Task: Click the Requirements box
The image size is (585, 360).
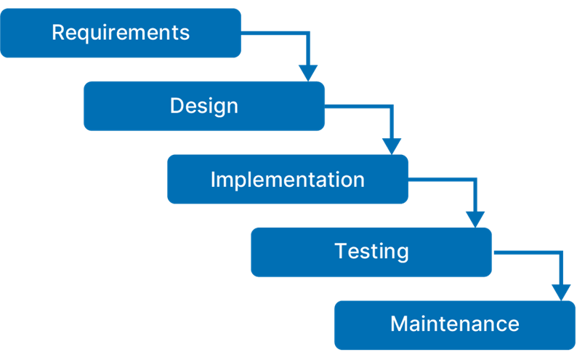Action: pyautogui.click(x=121, y=33)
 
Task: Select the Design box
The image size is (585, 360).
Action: pyautogui.click(x=204, y=106)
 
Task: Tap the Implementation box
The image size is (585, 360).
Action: pyautogui.click(x=288, y=179)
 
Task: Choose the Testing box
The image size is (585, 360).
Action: pyautogui.click(x=371, y=252)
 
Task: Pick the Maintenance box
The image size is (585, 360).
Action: pyautogui.click(x=455, y=325)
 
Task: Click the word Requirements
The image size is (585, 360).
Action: pyautogui.click(x=121, y=33)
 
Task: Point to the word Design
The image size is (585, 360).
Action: pyautogui.click(x=204, y=106)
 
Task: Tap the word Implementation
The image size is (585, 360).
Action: pyautogui.click(x=288, y=180)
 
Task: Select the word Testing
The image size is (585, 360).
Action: pyautogui.click(x=371, y=252)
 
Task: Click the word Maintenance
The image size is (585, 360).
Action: pyautogui.click(x=455, y=324)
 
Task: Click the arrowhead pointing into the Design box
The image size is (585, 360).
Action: pyautogui.click(x=308, y=73)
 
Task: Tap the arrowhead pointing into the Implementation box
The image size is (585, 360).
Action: pyautogui.click(x=392, y=146)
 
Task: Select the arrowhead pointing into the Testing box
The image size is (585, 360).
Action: pyautogui.click(x=475, y=219)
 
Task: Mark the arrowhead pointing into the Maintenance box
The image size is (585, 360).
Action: pyautogui.click(x=561, y=292)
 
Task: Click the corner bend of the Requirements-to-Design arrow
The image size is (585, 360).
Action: pyautogui.click(x=308, y=33)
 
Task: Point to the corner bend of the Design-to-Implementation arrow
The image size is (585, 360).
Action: pyautogui.click(x=392, y=106)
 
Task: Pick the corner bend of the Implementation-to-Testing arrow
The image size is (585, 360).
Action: pyautogui.click(x=475, y=180)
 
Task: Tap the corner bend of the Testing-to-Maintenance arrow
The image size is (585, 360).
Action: pyautogui.click(x=561, y=253)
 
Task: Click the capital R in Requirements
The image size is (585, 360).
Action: pyautogui.click(x=58, y=32)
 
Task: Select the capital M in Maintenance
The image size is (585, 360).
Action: pyautogui.click(x=399, y=324)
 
